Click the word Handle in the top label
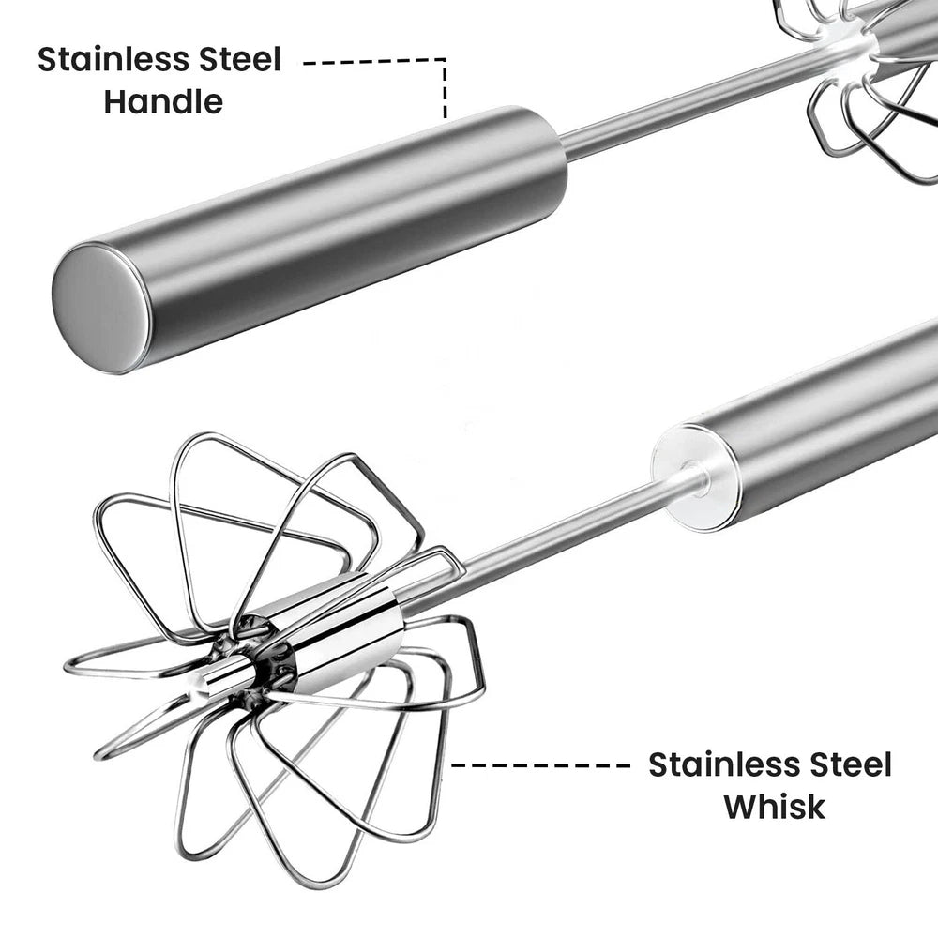click(163, 101)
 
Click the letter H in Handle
click(114, 101)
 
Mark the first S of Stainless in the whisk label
click(658, 764)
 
